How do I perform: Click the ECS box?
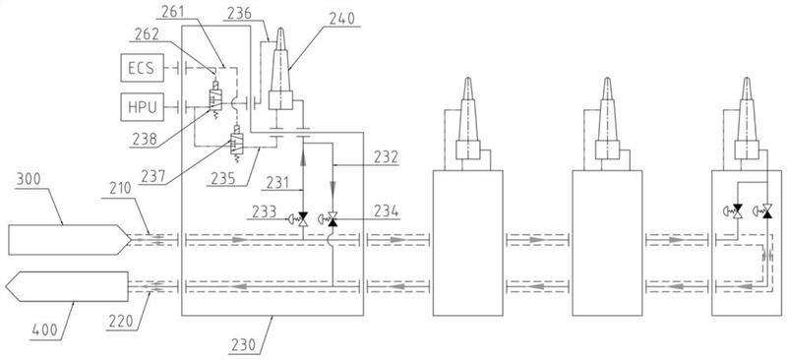142,68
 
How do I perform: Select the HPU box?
142,106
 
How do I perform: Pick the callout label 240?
341,19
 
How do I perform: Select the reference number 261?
174,11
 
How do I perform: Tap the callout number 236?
239,15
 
